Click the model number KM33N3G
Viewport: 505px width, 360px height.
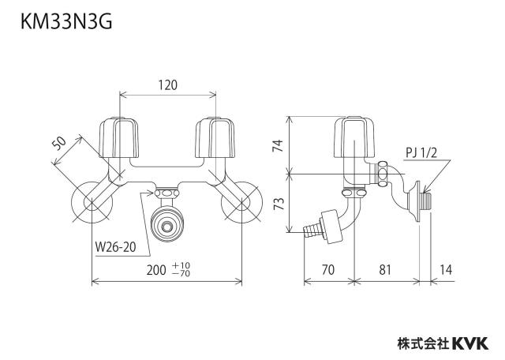tap(66, 23)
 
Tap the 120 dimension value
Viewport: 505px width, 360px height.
tap(168, 85)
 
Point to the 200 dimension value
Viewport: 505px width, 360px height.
tap(156, 270)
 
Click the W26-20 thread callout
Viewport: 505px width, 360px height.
tap(116, 248)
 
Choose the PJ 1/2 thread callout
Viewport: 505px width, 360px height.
tap(421, 152)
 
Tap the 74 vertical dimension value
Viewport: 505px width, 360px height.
tap(278, 145)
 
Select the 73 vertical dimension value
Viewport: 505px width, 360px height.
tap(279, 204)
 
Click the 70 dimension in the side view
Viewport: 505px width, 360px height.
tap(328, 270)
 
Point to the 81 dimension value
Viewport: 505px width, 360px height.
tap(385, 270)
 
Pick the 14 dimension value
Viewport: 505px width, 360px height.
tap(446, 270)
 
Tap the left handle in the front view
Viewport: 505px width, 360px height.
tap(119, 137)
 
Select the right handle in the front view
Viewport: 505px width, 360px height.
tap(215, 137)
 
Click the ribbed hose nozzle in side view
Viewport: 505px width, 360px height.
tap(312, 229)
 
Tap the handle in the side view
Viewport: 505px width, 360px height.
tap(354, 138)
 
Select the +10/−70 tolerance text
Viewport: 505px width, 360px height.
tap(181, 270)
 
